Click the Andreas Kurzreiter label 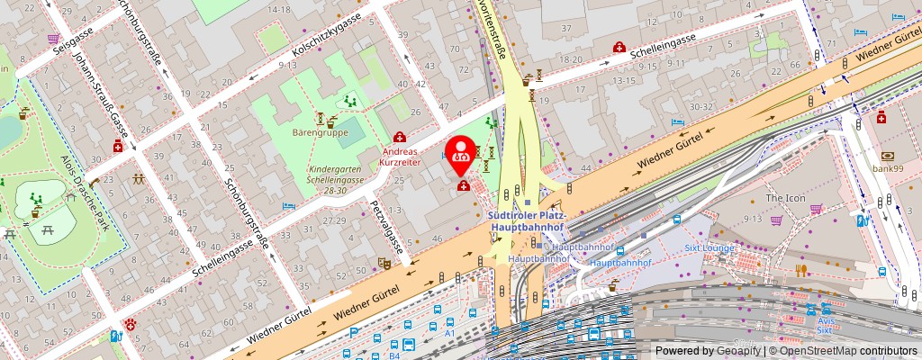[x=399, y=156]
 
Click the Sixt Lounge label [x=710, y=247]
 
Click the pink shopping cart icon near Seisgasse [x=54, y=39]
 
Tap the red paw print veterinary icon [x=131, y=323]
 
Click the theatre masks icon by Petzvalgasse [x=383, y=263]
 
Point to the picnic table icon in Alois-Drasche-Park [x=10, y=233]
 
